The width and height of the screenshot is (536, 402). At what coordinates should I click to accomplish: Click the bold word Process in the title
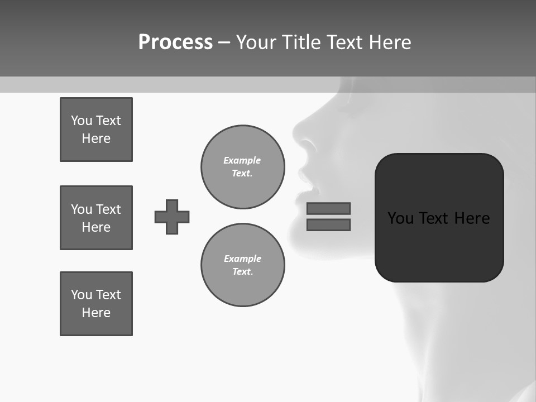click(175, 42)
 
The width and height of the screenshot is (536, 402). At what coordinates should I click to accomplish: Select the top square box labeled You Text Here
click(96, 130)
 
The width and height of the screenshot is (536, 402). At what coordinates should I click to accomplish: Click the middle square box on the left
click(96, 218)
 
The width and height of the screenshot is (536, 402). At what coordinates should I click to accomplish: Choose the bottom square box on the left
click(96, 304)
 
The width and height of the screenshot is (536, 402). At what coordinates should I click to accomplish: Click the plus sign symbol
click(172, 217)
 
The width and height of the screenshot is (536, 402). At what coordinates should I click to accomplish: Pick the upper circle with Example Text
click(242, 166)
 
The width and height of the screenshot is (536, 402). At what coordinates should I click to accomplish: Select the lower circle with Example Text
click(242, 265)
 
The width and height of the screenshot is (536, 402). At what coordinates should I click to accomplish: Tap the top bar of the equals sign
click(328, 208)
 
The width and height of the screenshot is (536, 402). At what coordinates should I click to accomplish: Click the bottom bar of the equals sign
click(328, 224)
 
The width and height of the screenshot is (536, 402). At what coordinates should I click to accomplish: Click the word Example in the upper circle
click(242, 160)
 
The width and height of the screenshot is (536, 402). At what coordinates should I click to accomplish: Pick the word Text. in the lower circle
click(242, 271)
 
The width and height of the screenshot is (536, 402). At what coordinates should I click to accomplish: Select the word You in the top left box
click(81, 121)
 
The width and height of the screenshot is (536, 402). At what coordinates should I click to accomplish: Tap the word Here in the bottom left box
click(96, 313)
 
